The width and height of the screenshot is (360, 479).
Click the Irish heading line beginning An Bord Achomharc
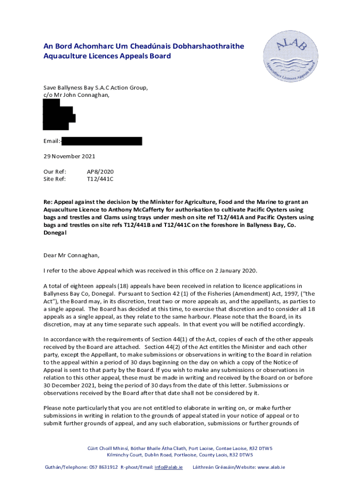click(x=144, y=46)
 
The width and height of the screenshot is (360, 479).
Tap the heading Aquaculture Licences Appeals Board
click(x=107, y=56)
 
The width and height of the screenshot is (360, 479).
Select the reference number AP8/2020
click(x=101, y=172)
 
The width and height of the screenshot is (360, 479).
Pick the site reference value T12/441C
click(x=100, y=179)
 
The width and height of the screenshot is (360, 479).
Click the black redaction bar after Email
click(x=101, y=141)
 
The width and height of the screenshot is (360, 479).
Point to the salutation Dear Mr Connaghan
click(x=72, y=255)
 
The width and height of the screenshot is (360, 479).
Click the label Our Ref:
click(x=55, y=172)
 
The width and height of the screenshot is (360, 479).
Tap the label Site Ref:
click(x=55, y=179)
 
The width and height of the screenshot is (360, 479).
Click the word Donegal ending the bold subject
click(x=55, y=232)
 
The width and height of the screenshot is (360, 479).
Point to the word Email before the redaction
click(x=51, y=141)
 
